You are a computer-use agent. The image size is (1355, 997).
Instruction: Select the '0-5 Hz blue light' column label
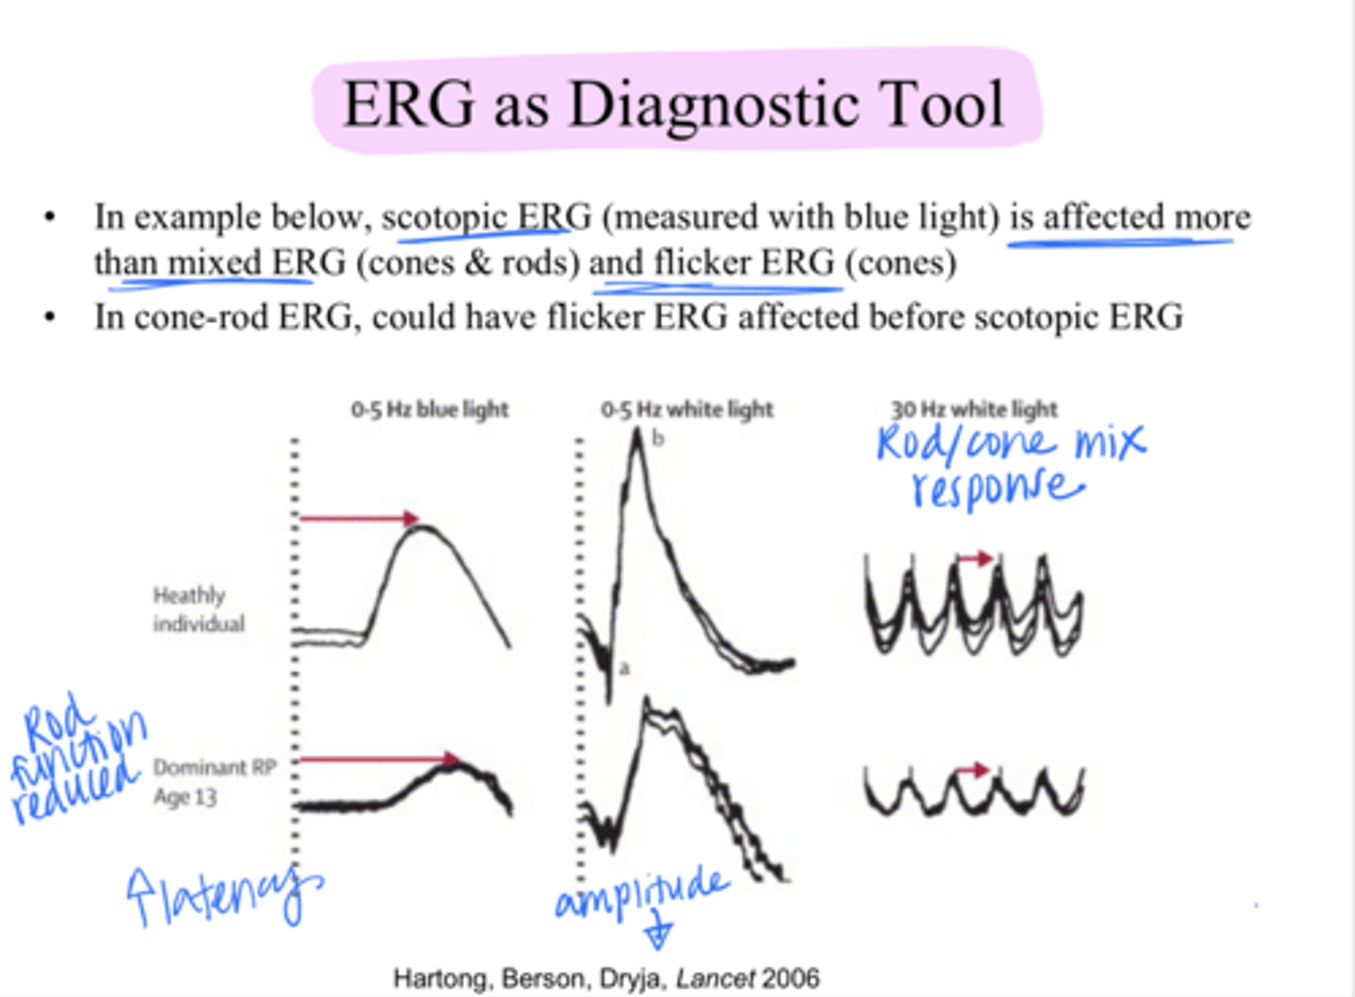pos(430,410)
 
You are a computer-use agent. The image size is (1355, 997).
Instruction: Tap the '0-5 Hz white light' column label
pos(687,410)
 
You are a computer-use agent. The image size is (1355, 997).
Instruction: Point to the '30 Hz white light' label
pos(974,410)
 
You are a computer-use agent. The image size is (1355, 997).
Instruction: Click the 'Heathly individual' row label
pos(199,609)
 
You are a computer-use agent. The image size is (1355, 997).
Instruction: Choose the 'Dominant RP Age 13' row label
pos(215,781)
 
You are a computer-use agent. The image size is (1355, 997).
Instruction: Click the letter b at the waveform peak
pos(658,439)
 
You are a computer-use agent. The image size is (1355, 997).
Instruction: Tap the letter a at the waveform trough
pos(624,667)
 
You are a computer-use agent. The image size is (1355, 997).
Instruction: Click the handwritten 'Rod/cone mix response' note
pos(1010,464)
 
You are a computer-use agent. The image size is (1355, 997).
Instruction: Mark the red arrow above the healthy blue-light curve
pos(359,518)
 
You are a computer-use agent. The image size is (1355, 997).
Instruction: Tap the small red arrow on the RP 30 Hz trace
pos(974,770)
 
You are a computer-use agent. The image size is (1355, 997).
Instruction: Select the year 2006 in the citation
pos(790,978)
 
